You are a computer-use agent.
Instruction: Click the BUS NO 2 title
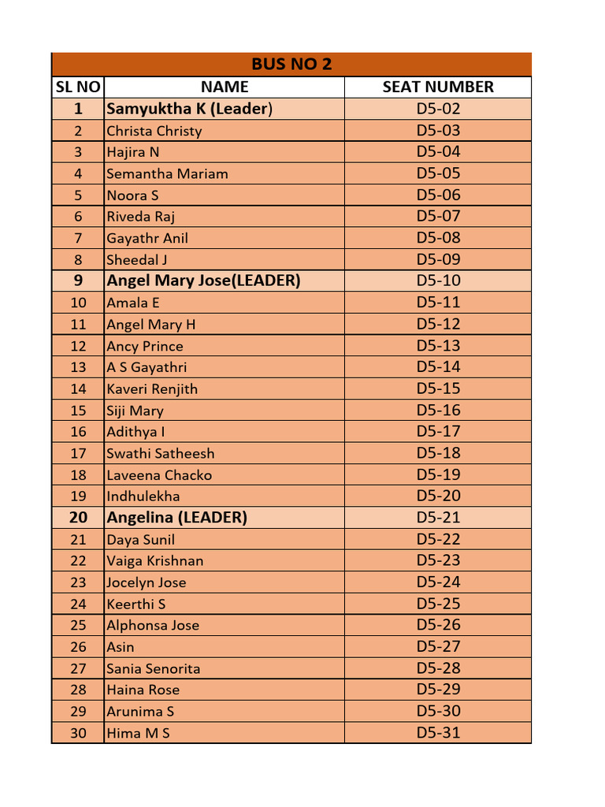pos(291,65)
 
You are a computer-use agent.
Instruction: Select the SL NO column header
pos(77,87)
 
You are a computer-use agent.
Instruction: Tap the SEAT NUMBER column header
pos(438,87)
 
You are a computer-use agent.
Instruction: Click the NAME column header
pos(225,87)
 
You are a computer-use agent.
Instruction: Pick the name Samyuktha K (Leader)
pos(189,109)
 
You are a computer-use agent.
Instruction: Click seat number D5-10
pos(438,281)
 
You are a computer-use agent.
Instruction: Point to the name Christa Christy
pos(154,131)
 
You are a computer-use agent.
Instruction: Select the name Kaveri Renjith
pos(152,389)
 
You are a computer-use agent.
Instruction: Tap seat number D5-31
pos(438,733)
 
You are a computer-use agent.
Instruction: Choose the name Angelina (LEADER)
pos(177,518)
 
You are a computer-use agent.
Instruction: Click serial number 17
pos(78,453)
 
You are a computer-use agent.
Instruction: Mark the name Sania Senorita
pos(154,668)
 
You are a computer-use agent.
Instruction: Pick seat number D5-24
pos(438,582)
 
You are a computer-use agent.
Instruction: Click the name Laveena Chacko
pos(159,475)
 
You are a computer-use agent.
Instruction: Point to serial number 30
pos(78,733)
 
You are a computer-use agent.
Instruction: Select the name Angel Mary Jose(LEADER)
pos(203,281)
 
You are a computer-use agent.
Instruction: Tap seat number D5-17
pos(438,431)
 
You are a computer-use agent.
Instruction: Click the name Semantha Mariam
pos(167,173)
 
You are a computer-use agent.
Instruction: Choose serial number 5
pos(78,195)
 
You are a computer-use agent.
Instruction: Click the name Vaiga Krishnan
pos(155,561)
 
